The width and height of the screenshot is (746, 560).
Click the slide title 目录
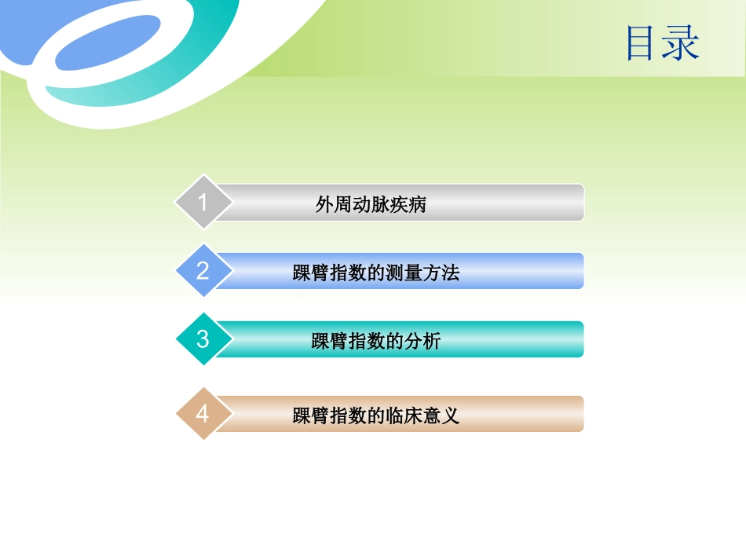[x=662, y=43]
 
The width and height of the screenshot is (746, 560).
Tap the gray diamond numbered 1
[x=203, y=203]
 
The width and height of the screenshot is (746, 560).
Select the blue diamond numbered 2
[x=203, y=271]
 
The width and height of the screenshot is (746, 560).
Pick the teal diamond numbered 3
[x=203, y=339]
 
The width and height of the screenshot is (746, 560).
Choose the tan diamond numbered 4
[x=203, y=414]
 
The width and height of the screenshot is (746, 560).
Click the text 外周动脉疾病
[x=371, y=205]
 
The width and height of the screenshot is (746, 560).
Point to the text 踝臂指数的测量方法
[x=375, y=273]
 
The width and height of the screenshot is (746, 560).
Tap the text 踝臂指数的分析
[x=375, y=342]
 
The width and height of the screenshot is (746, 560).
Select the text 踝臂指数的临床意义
[x=375, y=415]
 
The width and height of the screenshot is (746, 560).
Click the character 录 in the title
[x=680, y=43]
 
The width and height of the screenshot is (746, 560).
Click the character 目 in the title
[x=642, y=43]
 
